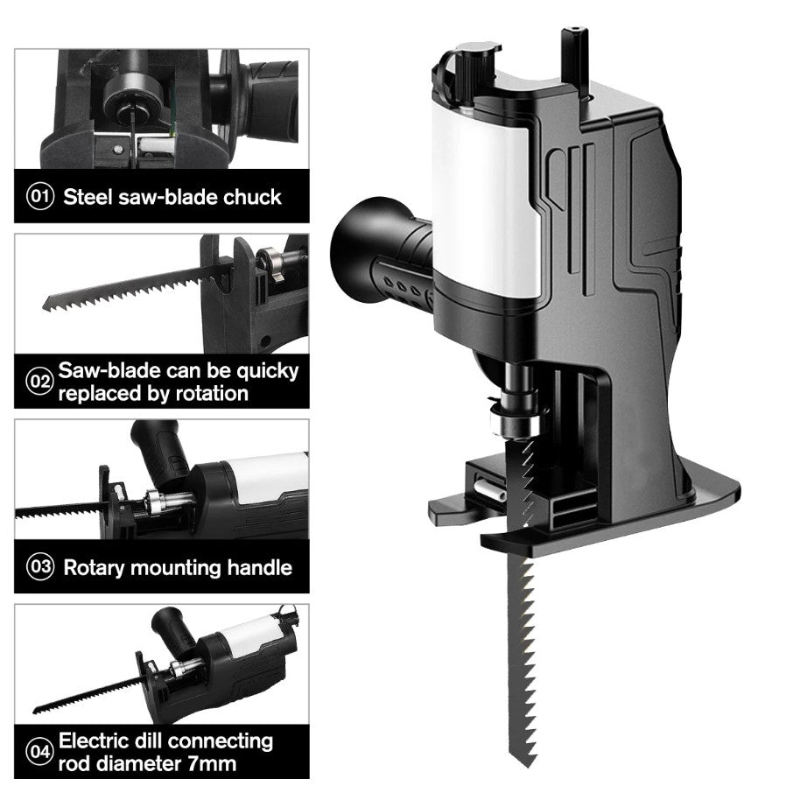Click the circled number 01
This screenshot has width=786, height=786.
click(x=40, y=196)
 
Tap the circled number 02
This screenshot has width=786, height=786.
click(x=39, y=382)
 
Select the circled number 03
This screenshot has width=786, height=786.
click(x=40, y=567)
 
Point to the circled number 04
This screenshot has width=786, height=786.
click(x=39, y=752)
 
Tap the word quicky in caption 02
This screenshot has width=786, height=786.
click(x=268, y=372)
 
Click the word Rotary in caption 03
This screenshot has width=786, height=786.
click(x=94, y=568)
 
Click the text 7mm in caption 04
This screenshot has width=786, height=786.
click(x=212, y=764)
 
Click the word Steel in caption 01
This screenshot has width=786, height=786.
click(x=88, y=197)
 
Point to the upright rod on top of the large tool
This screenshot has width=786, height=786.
click(x=575, y=56)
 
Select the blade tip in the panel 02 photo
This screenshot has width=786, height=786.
click(x=46, y=305)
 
